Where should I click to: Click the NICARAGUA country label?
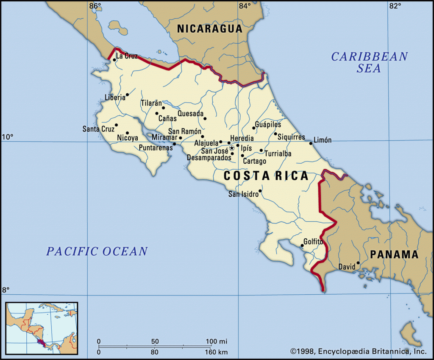click(209, 29)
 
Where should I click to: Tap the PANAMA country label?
click(394, 254)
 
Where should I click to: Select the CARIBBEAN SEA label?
click(369, 62)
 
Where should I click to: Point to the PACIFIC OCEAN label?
click(97, 251)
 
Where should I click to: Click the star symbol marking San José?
click(232, 148)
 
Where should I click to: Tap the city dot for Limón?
click(311, 143)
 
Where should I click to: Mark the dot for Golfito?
click(302, 246)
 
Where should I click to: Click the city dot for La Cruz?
click(114, 60)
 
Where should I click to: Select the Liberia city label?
click(115, 98)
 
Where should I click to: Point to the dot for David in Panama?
click(358, 263)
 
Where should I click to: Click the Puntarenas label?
click(156, 148)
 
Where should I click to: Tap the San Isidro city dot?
click(260, 191)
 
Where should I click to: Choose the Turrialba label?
click(278, 154)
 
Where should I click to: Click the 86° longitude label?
click(95, 6)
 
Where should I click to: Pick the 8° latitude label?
click(6, 290)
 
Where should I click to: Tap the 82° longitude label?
click(395, 6)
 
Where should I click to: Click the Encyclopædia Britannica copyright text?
click(358, 351)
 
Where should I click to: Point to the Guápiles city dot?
click(254, 128)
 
